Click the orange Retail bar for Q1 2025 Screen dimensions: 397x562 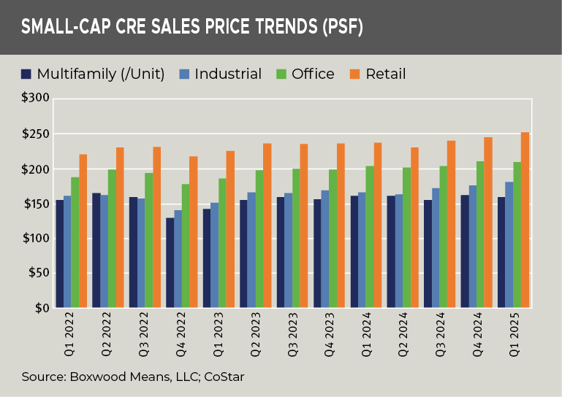(x=525, y=220)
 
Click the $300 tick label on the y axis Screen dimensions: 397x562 (x=36, y=99)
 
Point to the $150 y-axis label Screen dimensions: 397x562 (x=36, y=204)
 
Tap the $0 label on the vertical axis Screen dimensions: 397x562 (x=41, y=308)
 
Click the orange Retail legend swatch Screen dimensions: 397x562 (x=354, y=74)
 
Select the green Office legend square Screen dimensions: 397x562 (x=281, y=74)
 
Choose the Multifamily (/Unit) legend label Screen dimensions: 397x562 (x=100, y=74)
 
